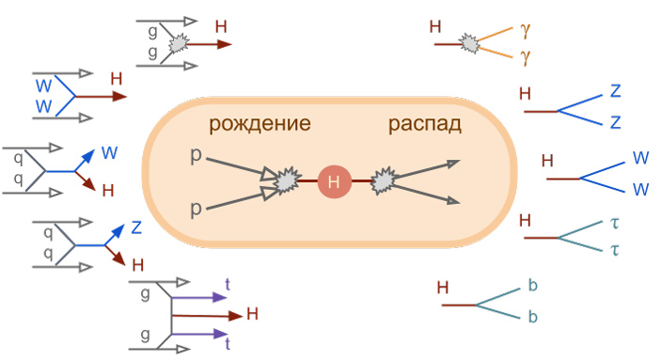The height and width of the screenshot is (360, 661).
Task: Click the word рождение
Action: (260, 124)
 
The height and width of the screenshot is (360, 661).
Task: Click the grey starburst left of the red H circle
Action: (286, 180)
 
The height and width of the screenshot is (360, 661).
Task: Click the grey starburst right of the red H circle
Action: (383, 180)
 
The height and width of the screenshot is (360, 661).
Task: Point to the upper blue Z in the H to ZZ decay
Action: (616, 91)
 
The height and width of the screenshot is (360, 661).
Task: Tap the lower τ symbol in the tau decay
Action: (617, 250)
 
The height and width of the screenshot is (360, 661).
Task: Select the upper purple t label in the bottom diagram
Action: (228, 282)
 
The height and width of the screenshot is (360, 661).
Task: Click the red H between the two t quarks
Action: (251, 314)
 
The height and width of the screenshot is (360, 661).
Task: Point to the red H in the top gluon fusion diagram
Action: (221, 27)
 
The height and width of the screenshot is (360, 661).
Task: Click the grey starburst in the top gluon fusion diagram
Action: (176, 43)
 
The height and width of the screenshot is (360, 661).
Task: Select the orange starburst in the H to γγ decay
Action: (466, 43)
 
